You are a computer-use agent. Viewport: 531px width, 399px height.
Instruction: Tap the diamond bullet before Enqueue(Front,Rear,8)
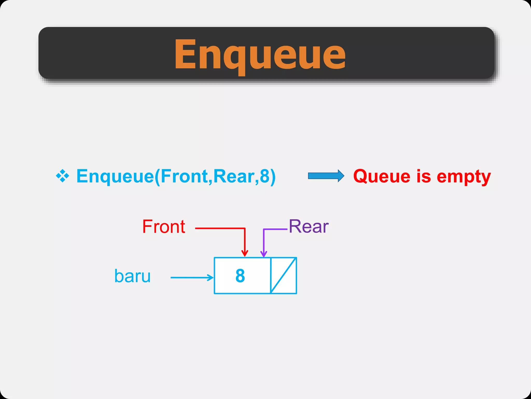click(x=62, y=176)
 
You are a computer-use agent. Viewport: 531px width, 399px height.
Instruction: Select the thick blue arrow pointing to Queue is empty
click(x=326, y=176)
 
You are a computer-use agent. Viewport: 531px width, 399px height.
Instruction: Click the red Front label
click(x=164, y=227)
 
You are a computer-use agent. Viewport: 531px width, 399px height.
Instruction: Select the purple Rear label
click(x=309, y=227)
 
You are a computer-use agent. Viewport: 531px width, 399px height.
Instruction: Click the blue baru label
click(x=132, y=276)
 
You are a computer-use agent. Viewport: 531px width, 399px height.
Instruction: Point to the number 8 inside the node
click(x=240, y=276)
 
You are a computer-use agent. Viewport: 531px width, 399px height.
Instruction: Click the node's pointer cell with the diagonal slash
click(x=283, y=276)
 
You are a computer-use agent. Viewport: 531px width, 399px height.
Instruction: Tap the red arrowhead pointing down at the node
click(x=244, y=253)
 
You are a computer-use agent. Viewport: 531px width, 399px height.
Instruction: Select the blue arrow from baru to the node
click(x=192, y=278)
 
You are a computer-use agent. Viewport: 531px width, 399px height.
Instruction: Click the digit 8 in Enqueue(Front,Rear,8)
click(x=265, y=176)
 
